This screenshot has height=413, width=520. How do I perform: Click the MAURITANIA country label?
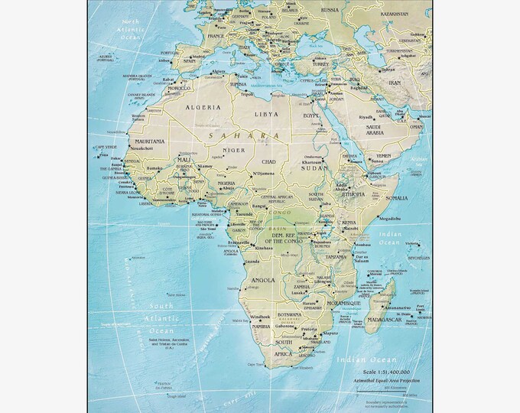(x=147, y=141)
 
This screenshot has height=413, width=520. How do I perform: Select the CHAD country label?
(x=268, y=162)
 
